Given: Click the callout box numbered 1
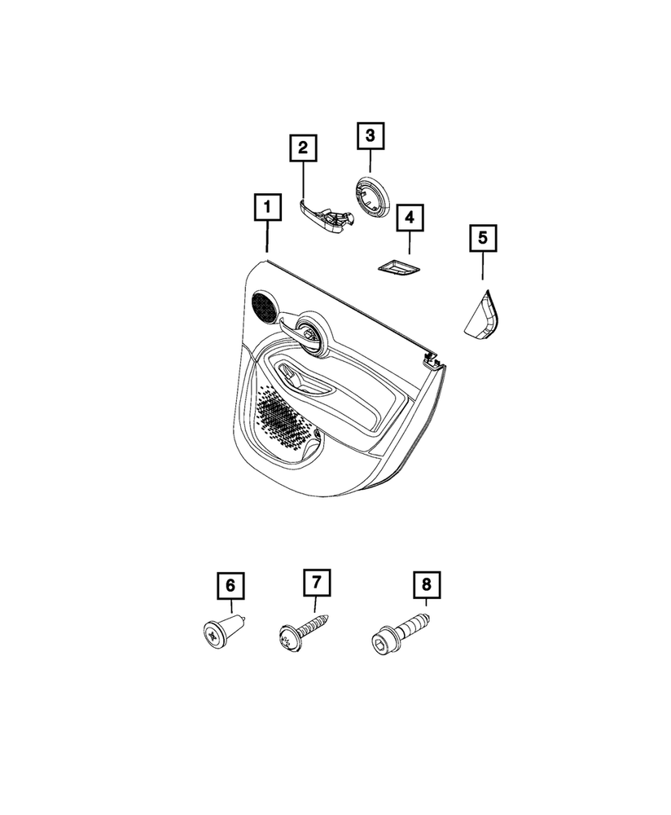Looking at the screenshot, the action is point(267,207).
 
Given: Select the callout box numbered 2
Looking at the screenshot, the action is point(303,148).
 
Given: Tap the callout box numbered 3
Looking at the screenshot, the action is point(371,135).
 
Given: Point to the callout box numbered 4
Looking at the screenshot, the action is point(410,218).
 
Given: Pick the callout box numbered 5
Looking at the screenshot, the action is point(483,238).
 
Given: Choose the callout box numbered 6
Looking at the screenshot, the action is point(230,585).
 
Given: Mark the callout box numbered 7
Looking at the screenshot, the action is point(317,583).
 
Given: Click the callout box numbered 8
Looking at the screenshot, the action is point(427,584).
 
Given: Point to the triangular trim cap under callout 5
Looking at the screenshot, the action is point(481,316).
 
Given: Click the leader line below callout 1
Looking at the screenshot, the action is point(267,236).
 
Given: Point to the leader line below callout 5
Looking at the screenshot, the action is point(483,267).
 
